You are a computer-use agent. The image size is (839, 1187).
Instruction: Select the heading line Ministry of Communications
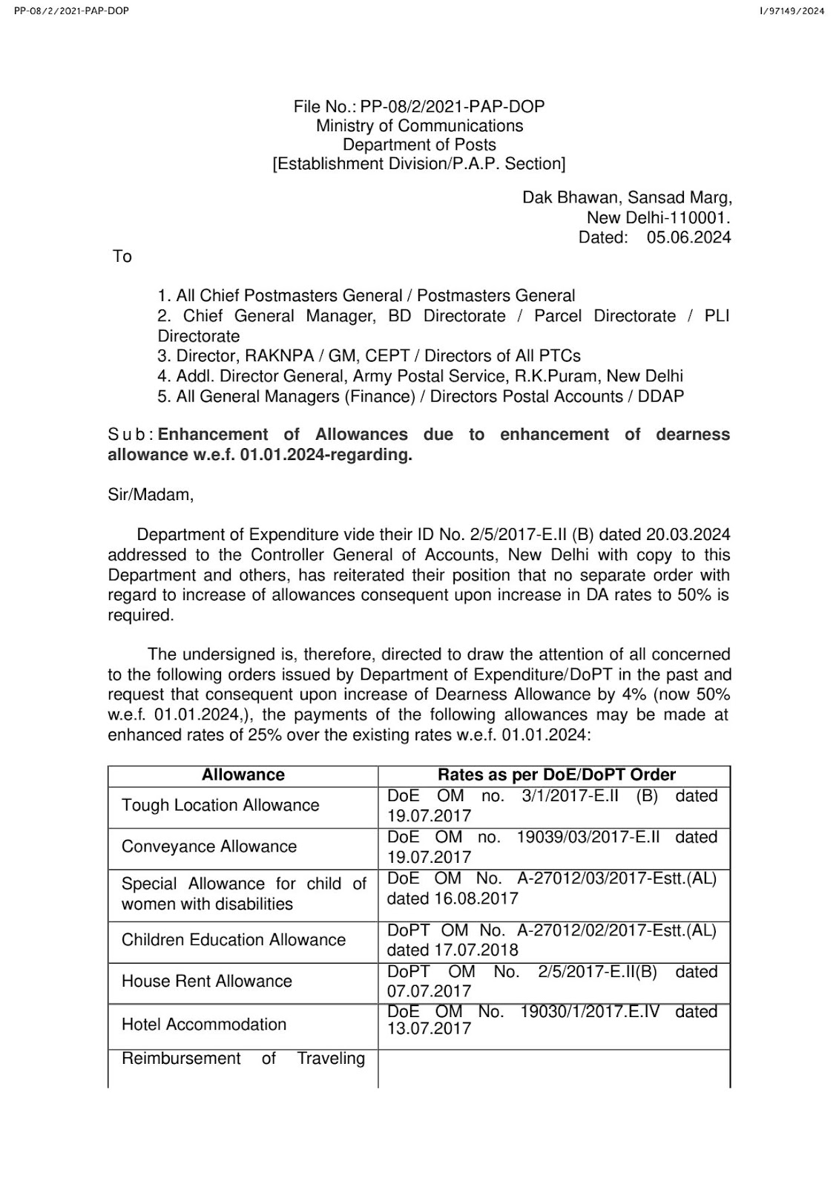click(419, 126)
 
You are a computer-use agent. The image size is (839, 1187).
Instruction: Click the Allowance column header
click(243, 775)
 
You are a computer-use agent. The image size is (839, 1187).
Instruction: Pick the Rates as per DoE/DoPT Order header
click(556, 775)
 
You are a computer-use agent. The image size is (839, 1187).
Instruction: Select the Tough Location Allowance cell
click(220, 806)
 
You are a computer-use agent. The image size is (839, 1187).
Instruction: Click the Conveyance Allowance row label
click(209, 847)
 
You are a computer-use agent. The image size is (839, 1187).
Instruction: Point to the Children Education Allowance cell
click(234, 940)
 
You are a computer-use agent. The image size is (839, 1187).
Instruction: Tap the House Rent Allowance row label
click(207, 982)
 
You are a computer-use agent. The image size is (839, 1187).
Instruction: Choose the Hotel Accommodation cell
click(204, 1025)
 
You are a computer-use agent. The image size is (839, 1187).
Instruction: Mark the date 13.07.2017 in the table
click(429, 1029)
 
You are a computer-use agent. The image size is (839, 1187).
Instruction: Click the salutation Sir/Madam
click(151, 495)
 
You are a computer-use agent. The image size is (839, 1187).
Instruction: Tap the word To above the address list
click(122, 257)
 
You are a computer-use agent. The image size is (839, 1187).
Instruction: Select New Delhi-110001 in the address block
click(658, 218)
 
